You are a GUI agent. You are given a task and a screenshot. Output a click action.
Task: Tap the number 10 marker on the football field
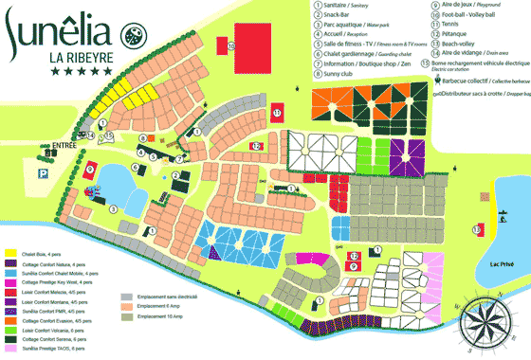231,45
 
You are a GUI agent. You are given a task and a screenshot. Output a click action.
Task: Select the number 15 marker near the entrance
110,135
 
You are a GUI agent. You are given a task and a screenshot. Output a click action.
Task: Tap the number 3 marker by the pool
113,207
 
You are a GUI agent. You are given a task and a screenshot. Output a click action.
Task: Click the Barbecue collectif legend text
469,81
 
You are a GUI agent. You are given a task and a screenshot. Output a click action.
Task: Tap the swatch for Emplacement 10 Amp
126,315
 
